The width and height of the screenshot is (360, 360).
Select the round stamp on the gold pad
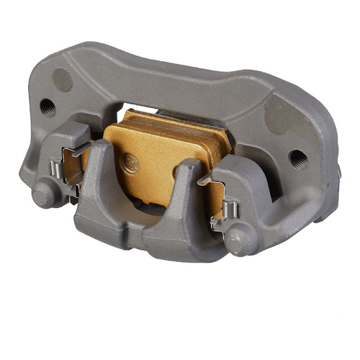pyautogui.click(x=129, y=163)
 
